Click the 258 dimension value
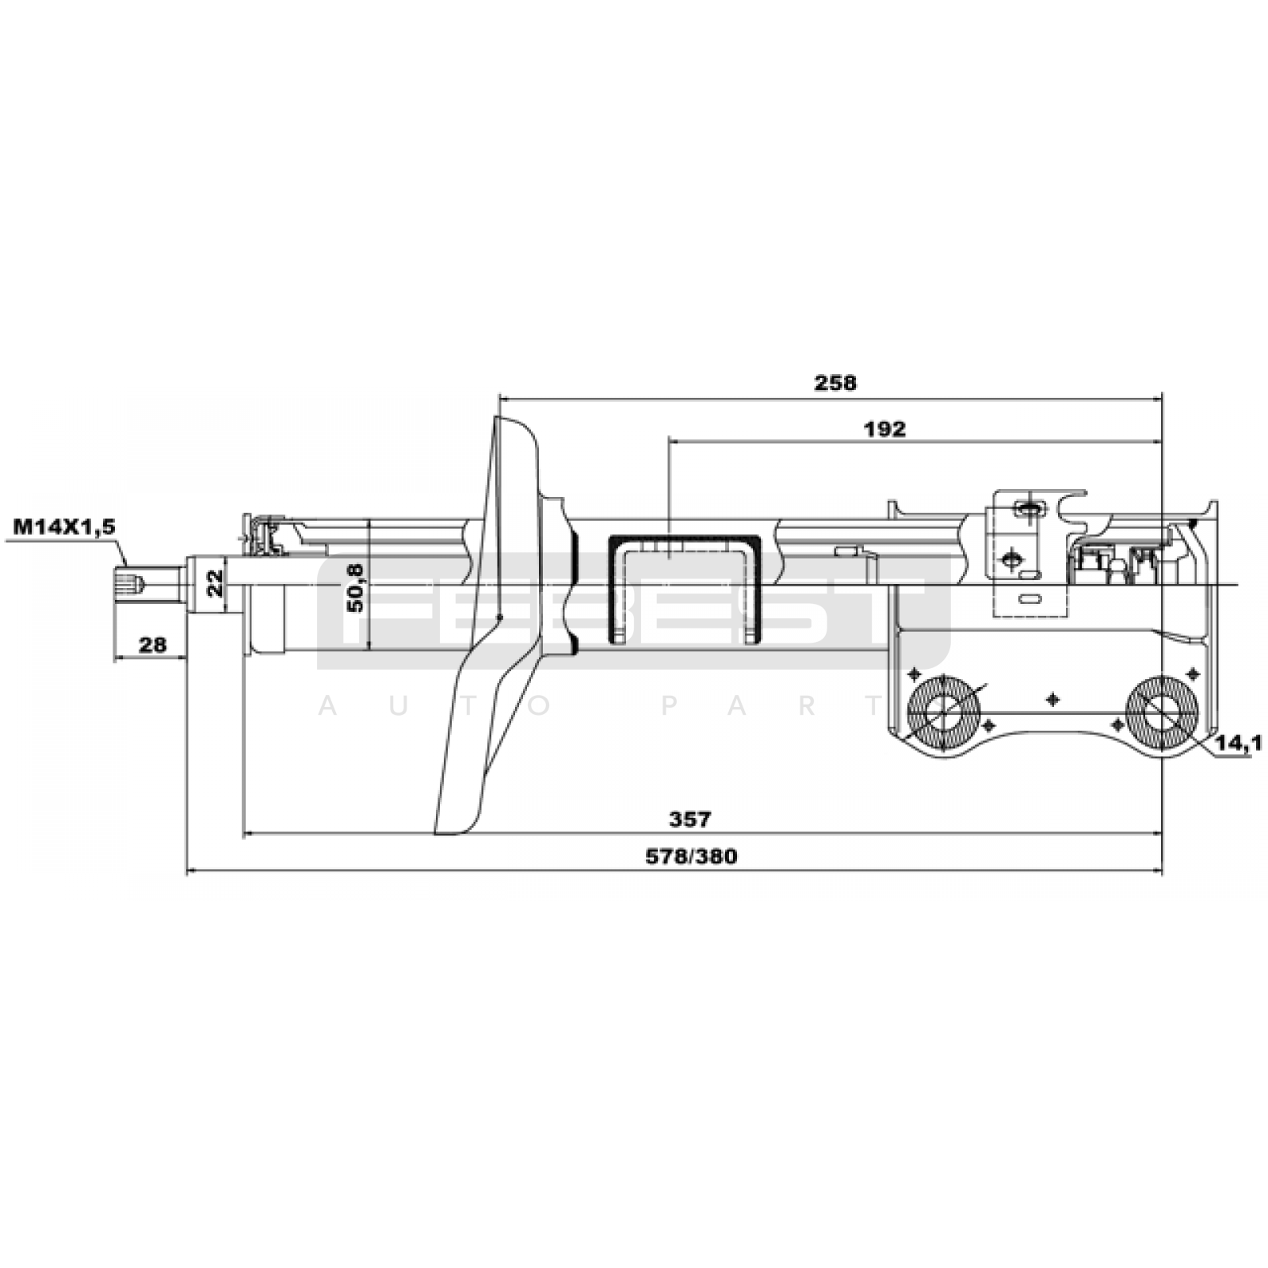[x=836, y=383]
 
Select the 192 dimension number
[x=886, y=429]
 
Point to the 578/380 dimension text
[x=691, y=857]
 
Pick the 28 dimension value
[x=154, y=644]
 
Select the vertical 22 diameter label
[x=213, y=585]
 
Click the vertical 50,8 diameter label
[x=356, y=586]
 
